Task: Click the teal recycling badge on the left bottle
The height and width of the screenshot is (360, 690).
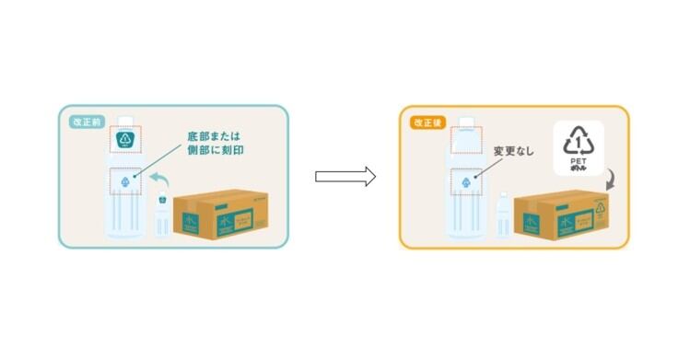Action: point(125,140)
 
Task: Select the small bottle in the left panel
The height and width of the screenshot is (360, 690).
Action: point(161,217)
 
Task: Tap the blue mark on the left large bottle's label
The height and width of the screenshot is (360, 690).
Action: point(126,183)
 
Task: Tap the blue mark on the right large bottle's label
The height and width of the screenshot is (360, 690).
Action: point(467,183)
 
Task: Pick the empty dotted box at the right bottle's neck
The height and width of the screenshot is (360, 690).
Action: point(466,140)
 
